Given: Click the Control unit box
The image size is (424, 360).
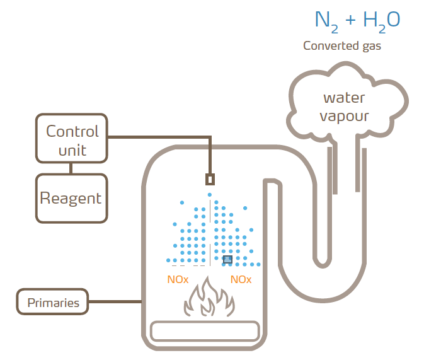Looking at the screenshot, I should click(x=71, y=140).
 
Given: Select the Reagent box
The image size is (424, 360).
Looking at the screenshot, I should click(x=71, y=199).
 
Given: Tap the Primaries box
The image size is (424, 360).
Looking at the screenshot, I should click(x=53, y=303).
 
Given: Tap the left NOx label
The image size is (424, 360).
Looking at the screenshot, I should click(x=178, y=279).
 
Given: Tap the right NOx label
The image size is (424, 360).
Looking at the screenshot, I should click(x=241, y=279).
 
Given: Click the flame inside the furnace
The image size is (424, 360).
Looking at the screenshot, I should click(x=209, y=300).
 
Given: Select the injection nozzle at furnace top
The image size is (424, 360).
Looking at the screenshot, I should click(x=210, y=179).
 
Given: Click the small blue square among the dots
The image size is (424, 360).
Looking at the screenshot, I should click(x=227, y=259).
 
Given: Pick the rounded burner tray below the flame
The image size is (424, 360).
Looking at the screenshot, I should click(x=205, y=331).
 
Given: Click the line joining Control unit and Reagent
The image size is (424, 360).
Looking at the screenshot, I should click(x=71, y=168).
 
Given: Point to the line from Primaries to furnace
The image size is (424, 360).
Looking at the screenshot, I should click(x=115, y=303).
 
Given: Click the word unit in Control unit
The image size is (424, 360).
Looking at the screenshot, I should click(x=72, y=150).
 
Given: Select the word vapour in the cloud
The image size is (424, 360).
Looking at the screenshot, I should click(x=344, y=116).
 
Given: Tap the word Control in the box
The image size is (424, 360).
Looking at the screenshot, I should click(x=72, y=131).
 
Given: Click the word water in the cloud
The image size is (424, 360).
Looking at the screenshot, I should click(x=344, y=98).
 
